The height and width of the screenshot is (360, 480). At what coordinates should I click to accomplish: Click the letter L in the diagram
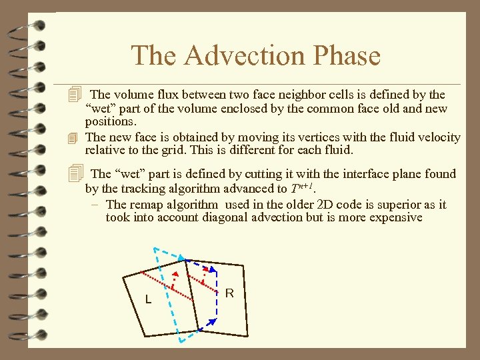(x=148, y=300)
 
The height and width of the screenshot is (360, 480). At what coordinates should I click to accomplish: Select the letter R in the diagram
(x=229, y=293)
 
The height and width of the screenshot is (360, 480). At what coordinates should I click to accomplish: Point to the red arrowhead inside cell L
(x=175, y=275)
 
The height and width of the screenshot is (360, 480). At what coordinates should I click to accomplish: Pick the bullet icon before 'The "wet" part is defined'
(x=77, y=174)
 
